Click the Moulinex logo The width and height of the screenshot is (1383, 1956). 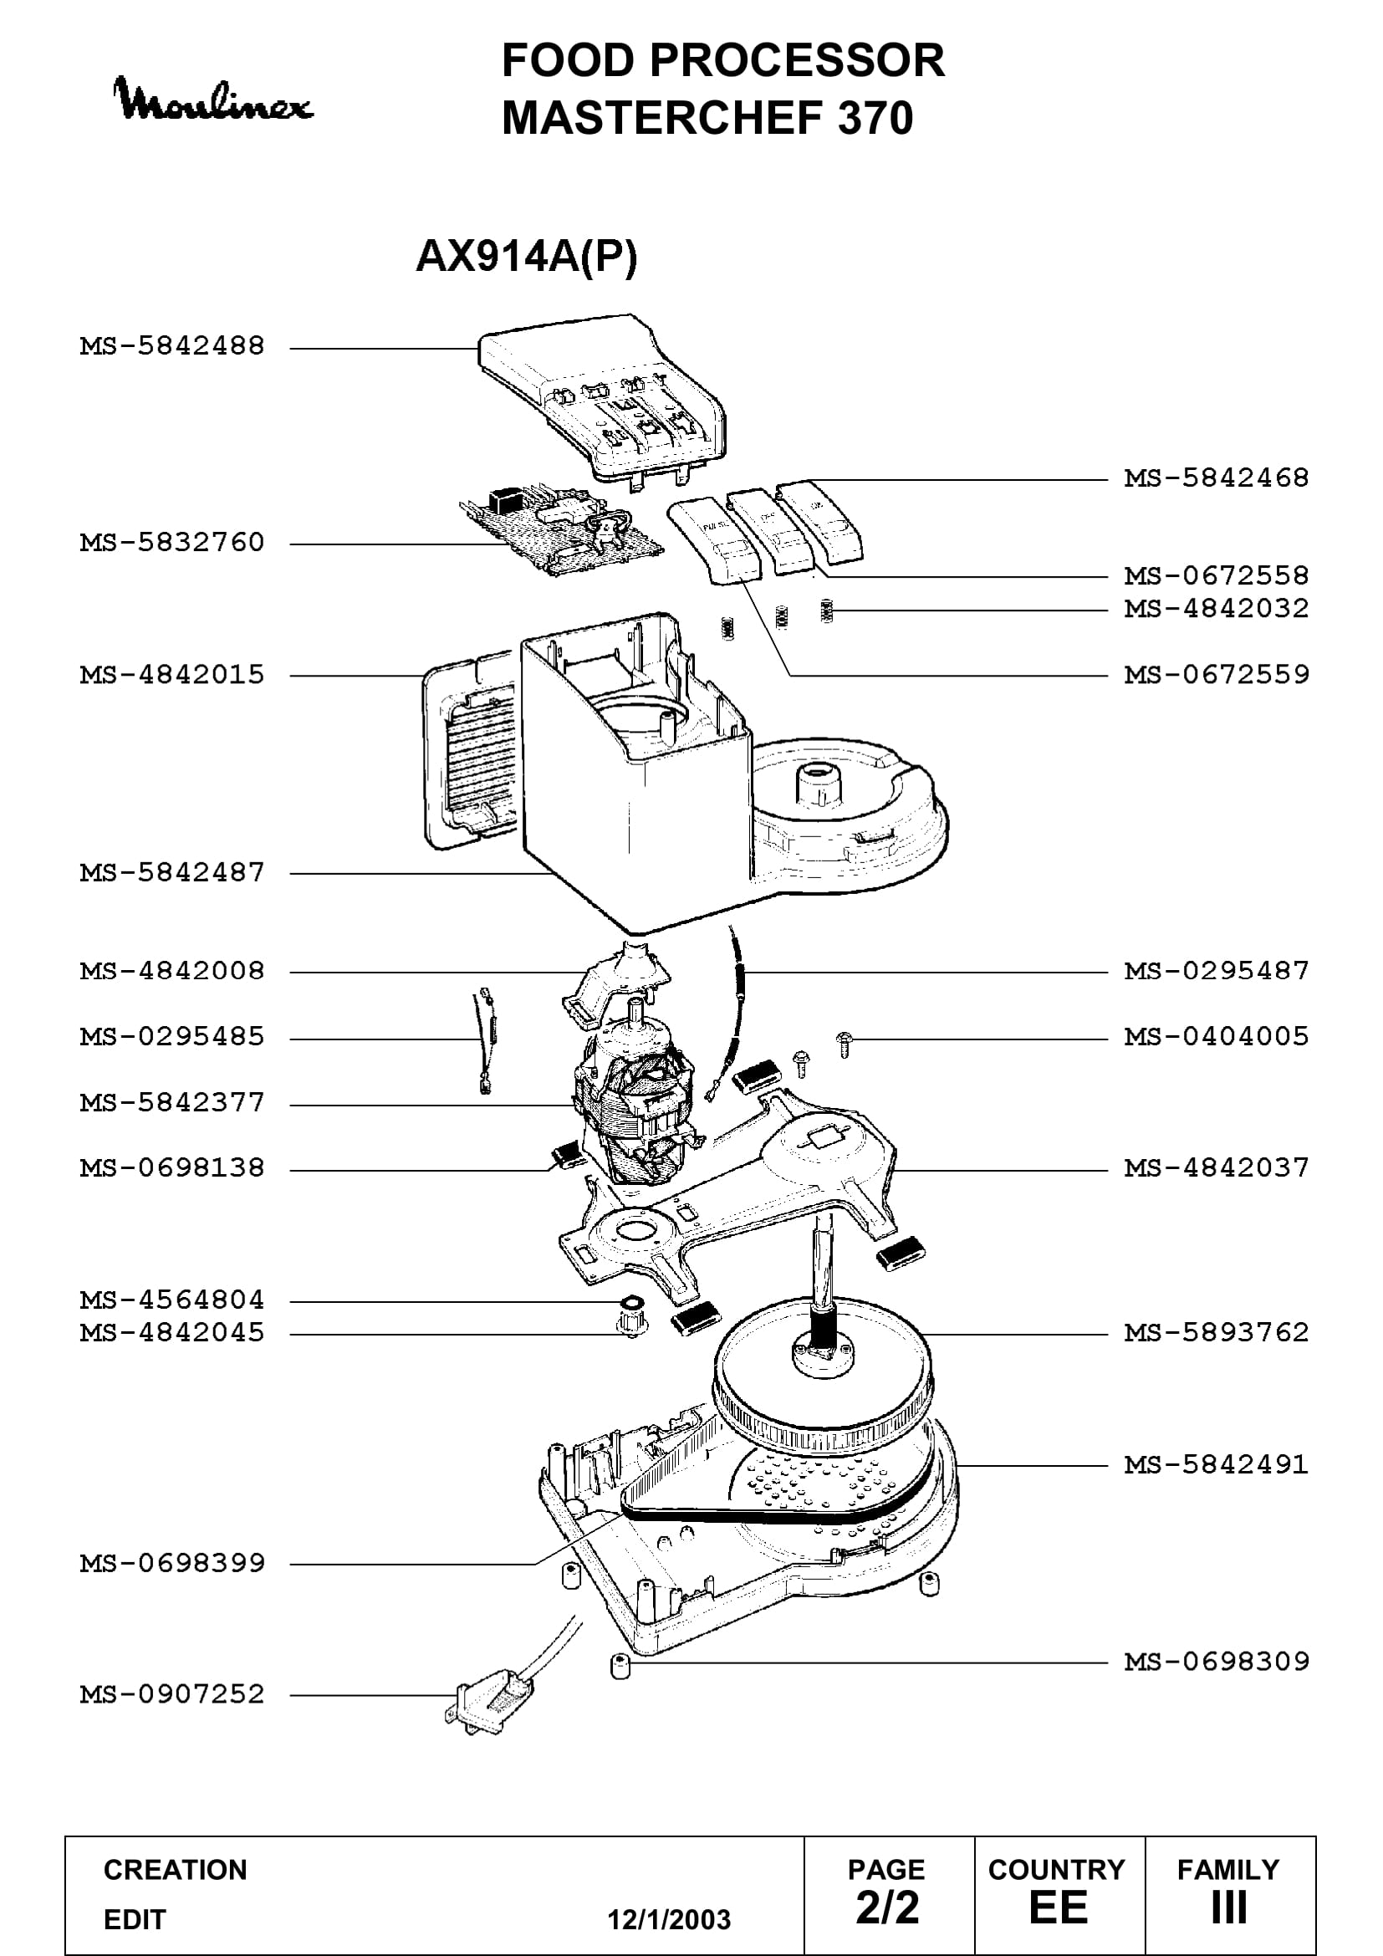pos(213,100)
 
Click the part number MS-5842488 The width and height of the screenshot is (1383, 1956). pos(173,346)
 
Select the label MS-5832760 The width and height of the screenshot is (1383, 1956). pos(173,542)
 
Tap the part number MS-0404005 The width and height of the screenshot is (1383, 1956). pos(1216,1036)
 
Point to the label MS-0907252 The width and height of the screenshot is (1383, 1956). pos(173,1693)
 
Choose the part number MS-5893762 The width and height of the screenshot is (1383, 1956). pos(1216,1331)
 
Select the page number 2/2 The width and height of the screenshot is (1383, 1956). pos(887,1907)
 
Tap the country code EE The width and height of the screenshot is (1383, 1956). pos(1059,1907)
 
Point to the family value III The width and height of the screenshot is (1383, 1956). pos(1229,1907)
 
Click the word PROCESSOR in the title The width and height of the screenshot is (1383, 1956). pos(796,59)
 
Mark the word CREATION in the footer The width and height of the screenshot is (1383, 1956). pos(176,1870)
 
